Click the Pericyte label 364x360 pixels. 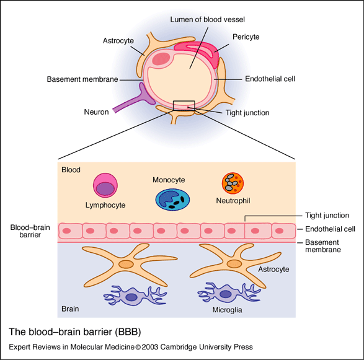tap(246, 37)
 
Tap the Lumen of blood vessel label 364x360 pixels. tap(207, 19)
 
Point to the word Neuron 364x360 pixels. tap(96, 112)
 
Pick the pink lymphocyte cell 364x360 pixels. tap(105, 185)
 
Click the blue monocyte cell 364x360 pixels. tap(172, 200)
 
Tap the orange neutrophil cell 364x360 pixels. tap(233, 183)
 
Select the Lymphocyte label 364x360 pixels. tap(105, 205)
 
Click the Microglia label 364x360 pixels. tap(228, 310)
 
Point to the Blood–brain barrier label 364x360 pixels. tap(30, 231)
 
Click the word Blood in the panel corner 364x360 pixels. tap(71, 170)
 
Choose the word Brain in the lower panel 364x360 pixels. tap(70, 309)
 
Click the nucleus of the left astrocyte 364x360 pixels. tap(126, 264)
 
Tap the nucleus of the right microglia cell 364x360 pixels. tap(226, 294)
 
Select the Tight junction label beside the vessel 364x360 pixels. tap(247, 113)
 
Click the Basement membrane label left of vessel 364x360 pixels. tap(82, 79)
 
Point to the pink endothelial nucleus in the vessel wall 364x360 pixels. tap(161, 59)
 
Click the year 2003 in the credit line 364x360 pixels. tap(150, 347)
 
